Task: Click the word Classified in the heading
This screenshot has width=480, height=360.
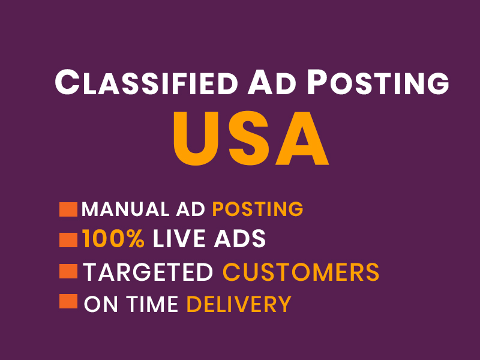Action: (146, 82)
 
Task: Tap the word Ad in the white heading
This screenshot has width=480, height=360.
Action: (272, 82)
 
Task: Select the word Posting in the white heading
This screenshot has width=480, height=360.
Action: (378, 82)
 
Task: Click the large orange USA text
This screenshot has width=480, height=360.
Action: (251, 139)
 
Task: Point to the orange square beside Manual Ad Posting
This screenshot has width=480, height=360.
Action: (68, 209)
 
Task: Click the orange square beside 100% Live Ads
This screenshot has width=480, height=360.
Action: (68, 240)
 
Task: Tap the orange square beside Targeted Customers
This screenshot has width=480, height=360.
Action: (68, 271)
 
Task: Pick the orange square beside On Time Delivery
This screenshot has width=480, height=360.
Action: (68, 301)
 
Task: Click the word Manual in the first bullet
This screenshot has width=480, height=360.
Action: (125, 209)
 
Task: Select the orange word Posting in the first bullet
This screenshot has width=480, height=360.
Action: (258, 209)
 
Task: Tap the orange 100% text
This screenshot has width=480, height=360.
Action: (113, 239)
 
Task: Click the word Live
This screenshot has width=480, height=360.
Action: (179, 239)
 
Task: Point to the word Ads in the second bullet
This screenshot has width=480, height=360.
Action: (239, 239)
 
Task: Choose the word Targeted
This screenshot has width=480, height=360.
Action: (148, 272)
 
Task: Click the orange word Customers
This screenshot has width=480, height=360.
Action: (301, 272)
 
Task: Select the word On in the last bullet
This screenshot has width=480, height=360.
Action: (101, 304)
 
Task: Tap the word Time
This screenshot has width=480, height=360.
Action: (152, 304)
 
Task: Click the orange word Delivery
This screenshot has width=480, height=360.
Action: (239, 304)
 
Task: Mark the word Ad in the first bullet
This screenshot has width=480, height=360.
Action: (190, 209)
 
